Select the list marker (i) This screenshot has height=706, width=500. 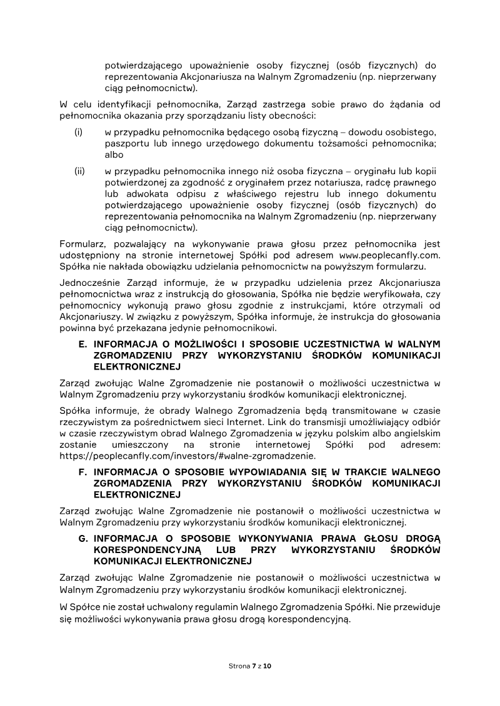point(78,132)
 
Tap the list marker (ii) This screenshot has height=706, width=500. point(79,171)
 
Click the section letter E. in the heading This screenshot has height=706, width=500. point(82,344)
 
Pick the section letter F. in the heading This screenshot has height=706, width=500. point(82,471)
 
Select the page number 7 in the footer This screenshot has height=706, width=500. point(253,667)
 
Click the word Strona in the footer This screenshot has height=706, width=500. point(238,667)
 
